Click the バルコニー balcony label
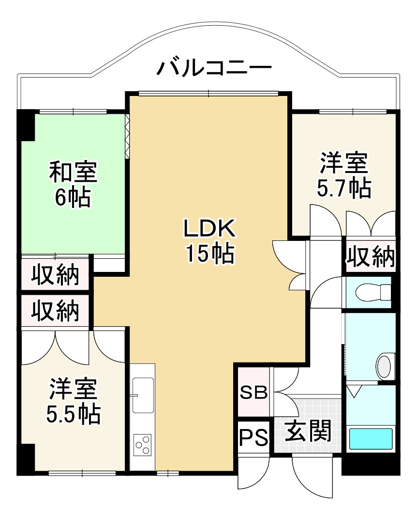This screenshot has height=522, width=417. point(213,68)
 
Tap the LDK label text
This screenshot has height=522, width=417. point(209,229)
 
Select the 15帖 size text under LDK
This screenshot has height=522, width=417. point(209,253)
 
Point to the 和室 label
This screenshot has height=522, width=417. point(73,173)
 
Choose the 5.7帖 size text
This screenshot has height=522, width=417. point(344,188)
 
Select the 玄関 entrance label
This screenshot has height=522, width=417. point(308,430)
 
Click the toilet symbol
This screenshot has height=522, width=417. point(373,292)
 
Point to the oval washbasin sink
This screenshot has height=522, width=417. point(385,366)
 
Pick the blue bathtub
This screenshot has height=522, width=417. point(371,439)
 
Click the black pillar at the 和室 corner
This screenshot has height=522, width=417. point(26,126)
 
